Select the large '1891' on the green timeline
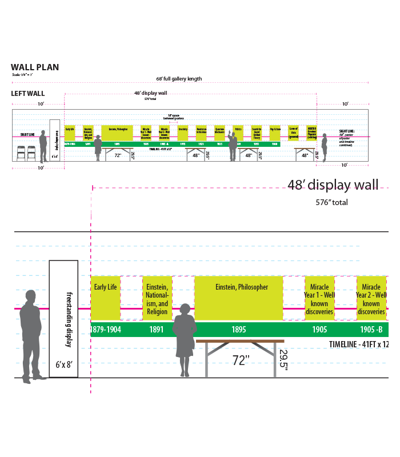point(156,330)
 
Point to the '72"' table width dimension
point(241,360)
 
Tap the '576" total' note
point(331,202)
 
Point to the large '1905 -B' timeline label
point(371,330)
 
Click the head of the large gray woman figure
point(185,310)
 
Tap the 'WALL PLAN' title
point(35,67)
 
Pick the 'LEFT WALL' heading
point(28,94)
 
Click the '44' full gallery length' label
point(178,79)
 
